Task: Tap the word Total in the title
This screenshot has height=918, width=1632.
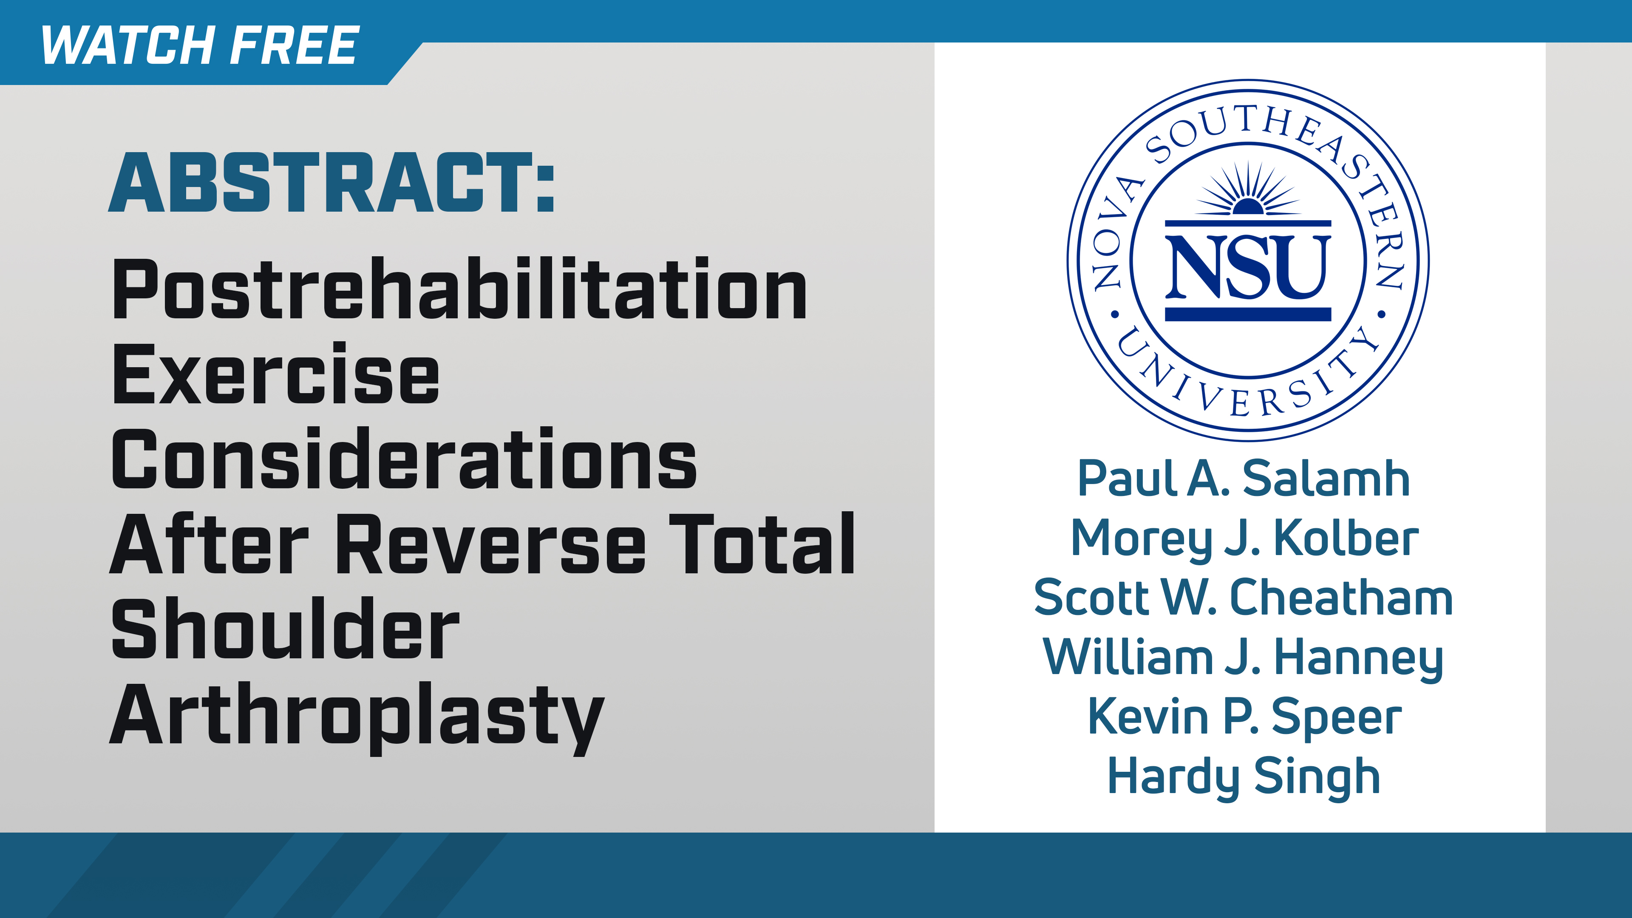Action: coord(762,545)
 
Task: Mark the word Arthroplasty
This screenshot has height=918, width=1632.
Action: coord(357,716)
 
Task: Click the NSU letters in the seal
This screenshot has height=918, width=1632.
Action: coord(1247,267)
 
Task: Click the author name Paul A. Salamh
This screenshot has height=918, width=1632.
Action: coord(1244,479)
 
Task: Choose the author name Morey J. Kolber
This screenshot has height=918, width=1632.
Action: coord(1244,538)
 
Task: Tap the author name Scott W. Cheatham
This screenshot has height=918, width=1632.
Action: coord(1244,598)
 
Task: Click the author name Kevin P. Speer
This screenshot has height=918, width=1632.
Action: coord(1244,717)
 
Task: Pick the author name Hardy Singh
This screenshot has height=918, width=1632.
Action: coord(1244,777)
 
